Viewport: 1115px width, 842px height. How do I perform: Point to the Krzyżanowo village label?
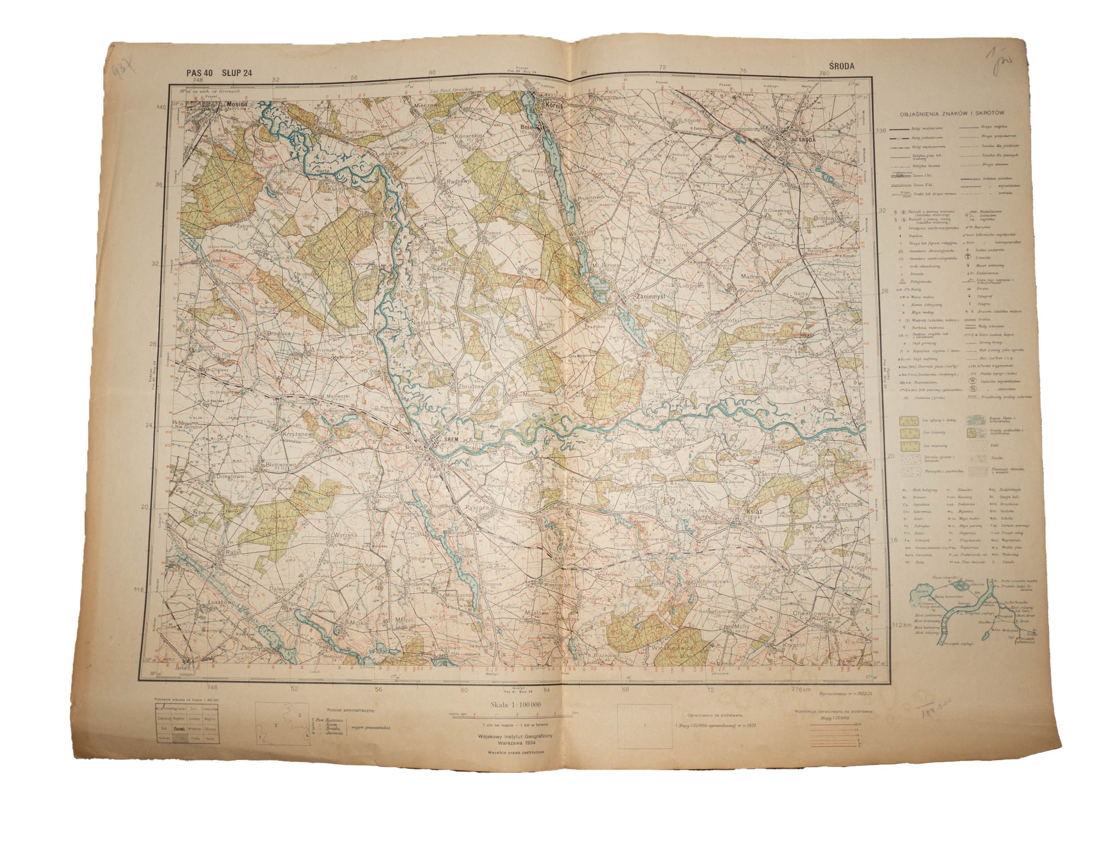click(284, 433)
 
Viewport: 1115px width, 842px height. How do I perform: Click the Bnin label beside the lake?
click(528, 128)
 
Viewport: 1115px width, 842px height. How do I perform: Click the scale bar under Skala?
click(510, 714)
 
